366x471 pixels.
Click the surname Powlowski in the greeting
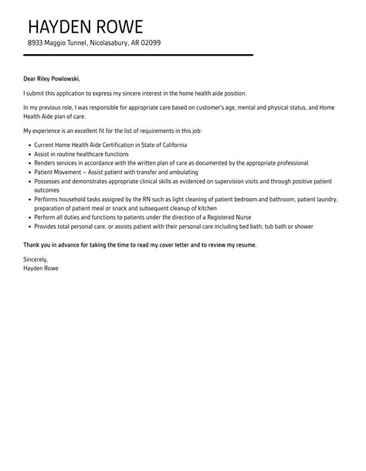(x=64, y=78)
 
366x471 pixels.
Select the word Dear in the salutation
(x=29, y=78)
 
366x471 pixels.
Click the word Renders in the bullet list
(x=46, y=163)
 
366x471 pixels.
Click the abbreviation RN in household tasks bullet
(x=127, y=200)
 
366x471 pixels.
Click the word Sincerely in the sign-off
(x=36, y=261)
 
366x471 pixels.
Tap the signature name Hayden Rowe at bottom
(x=40, y=269)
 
